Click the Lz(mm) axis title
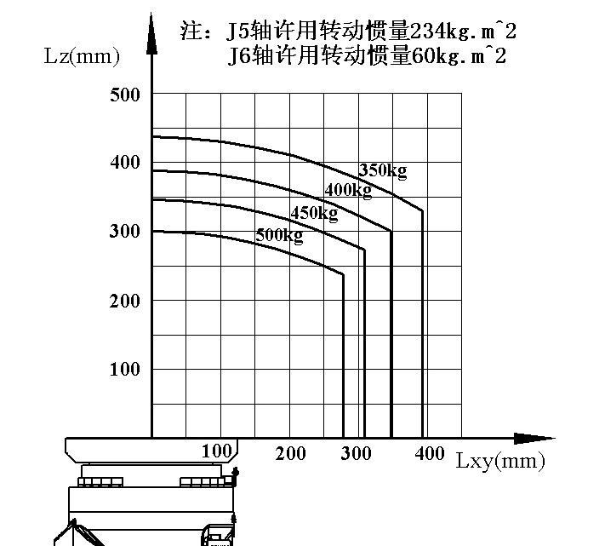82,57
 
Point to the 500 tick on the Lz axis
124,94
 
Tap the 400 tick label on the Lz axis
124,163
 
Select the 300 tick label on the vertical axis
124,232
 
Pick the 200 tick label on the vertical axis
124,301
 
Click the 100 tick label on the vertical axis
124,370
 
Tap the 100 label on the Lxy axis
218,451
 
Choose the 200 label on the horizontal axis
291,453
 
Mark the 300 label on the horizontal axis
357,453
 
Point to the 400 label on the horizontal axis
429,453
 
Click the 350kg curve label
383,170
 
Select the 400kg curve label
348,190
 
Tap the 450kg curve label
314,213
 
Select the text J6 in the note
239,57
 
